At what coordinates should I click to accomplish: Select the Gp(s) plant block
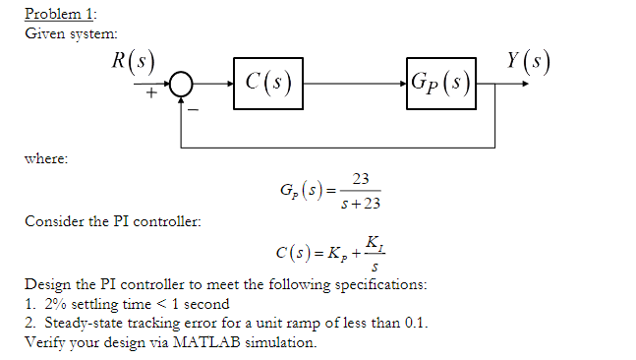[438, 80]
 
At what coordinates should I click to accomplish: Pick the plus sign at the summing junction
[152, 95]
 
